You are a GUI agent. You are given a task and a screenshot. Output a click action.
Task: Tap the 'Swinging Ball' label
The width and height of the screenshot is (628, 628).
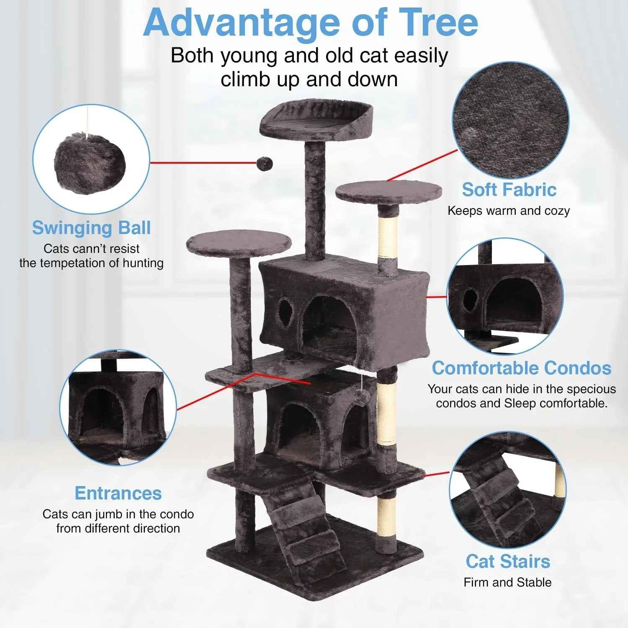tap(91, 228)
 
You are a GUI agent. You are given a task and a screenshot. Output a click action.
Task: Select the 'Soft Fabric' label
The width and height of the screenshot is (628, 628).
tap(509, 190)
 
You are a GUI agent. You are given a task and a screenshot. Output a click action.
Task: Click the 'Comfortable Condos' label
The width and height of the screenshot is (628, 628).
tap(522, 368)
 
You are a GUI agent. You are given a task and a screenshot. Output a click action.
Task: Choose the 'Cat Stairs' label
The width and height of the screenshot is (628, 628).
tap(508, 561)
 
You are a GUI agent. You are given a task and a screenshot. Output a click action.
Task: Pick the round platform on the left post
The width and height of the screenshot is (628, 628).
tap(239, 243)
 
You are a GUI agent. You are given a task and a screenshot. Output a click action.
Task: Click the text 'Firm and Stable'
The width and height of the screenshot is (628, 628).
tap(507, 582)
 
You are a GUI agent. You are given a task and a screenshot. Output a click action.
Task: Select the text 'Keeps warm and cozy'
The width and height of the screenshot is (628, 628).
tap(509, 211)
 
